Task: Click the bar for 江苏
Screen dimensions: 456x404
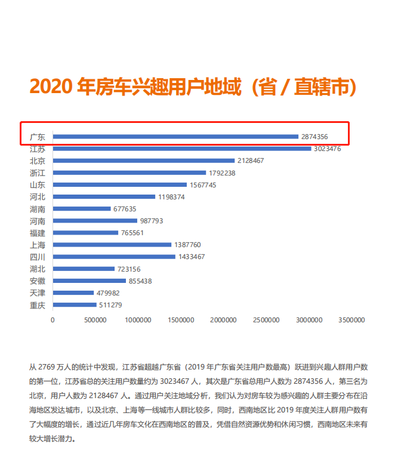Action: tap(182, 149)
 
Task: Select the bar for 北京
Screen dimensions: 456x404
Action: tap(144, 161)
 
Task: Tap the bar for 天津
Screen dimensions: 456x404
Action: tap(73, 292)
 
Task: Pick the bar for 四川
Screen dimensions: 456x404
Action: tap(114, 257)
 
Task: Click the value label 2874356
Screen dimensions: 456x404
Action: tap(314, 137)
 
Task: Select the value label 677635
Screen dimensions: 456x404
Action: tap(125, 209)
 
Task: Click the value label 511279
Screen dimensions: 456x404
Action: tap(110, 305)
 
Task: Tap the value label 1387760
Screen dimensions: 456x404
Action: tap(187, 245)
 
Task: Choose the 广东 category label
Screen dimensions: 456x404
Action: tap(37, 137)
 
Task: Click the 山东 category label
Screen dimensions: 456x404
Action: tap(37, 185)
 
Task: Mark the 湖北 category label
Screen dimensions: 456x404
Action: tap(37, 269)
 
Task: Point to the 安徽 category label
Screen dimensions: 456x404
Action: tap(37, 281)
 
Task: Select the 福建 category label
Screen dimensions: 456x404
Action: tap(37, 233)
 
